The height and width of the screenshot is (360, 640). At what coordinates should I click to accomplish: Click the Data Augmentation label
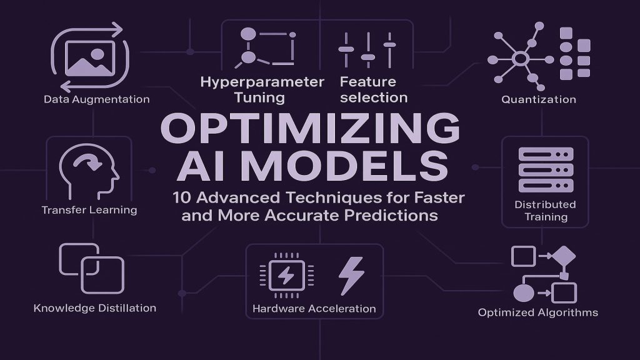point(97,99)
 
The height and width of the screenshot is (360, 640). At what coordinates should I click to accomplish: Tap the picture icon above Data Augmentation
point(91,59)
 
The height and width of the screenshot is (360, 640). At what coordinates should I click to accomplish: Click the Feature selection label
point(374,89)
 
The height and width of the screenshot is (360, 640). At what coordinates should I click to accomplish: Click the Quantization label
point(538,99)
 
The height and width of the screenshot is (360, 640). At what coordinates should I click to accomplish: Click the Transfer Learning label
point(89,211)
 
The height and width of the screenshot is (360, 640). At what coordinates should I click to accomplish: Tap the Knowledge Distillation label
point(95,308)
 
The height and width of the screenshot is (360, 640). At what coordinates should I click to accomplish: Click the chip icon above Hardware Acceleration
point(285,275)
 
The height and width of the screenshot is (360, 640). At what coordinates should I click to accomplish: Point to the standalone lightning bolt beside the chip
point(350,275)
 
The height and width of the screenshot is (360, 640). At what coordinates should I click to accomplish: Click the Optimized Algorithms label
point(538,312)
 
